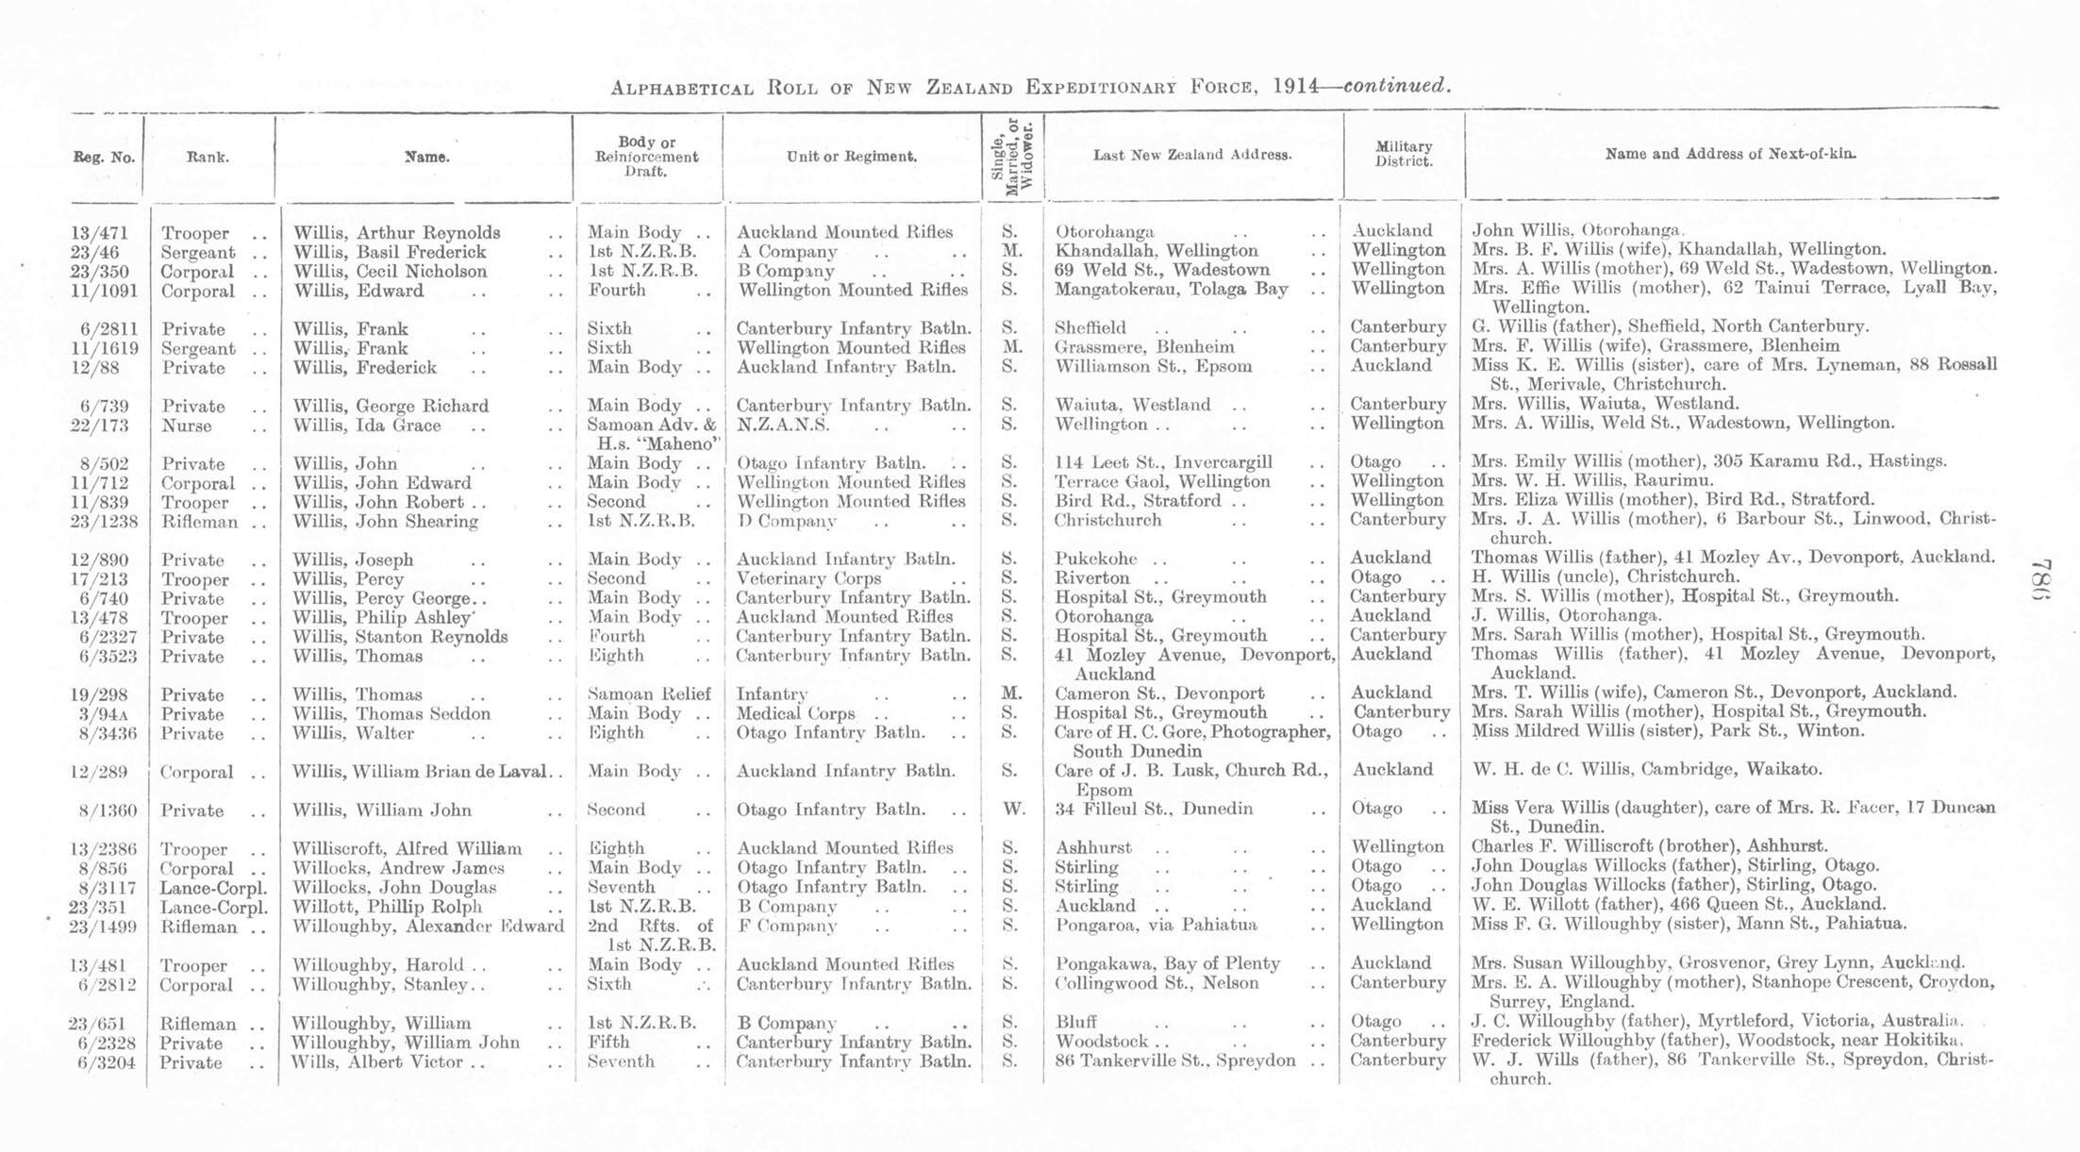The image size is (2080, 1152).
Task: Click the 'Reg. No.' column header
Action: point(104,158)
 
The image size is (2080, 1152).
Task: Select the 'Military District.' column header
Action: point(1403,154)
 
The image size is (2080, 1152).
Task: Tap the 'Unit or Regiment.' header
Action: point(851,157)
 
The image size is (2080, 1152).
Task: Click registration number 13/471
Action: point(99,233)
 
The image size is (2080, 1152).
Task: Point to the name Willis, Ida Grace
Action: point(367,426)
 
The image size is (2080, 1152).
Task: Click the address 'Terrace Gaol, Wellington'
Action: point(1162,482)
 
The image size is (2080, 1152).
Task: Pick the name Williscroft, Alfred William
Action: point(407,848)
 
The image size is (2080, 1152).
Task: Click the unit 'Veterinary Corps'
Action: point(808,578)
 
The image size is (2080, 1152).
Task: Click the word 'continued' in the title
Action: point(1394,86)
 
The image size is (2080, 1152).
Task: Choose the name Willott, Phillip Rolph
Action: point(387,906)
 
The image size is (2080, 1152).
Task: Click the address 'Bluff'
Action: point(1076,1022)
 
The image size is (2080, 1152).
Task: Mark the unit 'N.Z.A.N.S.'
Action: point(783,425)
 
